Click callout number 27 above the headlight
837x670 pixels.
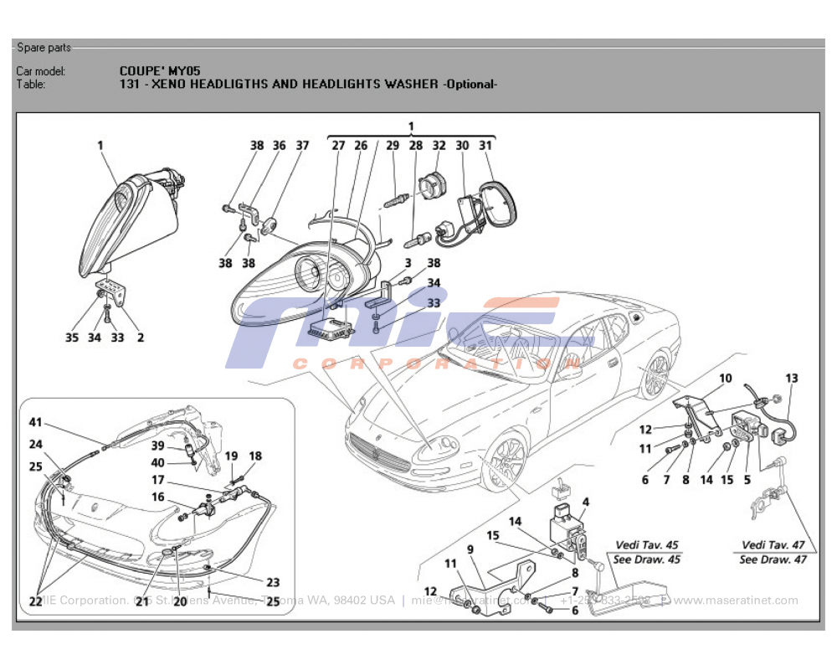(x=338, y=146)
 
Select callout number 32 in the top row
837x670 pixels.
(x=439, y=146)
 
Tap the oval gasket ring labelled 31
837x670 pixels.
(x=500, y=203)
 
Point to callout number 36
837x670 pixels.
(x=279, y=146)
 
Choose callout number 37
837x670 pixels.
(x=302, y=146)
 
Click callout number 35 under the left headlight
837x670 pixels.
(x=72, y=338)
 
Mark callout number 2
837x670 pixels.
(x=140, y=338)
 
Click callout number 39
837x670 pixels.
(x=157, y=446)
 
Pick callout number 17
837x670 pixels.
(x=157, y=481)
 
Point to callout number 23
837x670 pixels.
(x=273, y=583)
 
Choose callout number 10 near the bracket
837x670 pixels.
(x=725, y=379)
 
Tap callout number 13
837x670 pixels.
(x=792, y=379)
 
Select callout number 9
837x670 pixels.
(x=470, y=549)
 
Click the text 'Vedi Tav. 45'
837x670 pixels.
(x=647, y=545)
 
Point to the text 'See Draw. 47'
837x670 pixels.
(x=773, y=559)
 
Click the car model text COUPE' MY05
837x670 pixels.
(x=160, y=71)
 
